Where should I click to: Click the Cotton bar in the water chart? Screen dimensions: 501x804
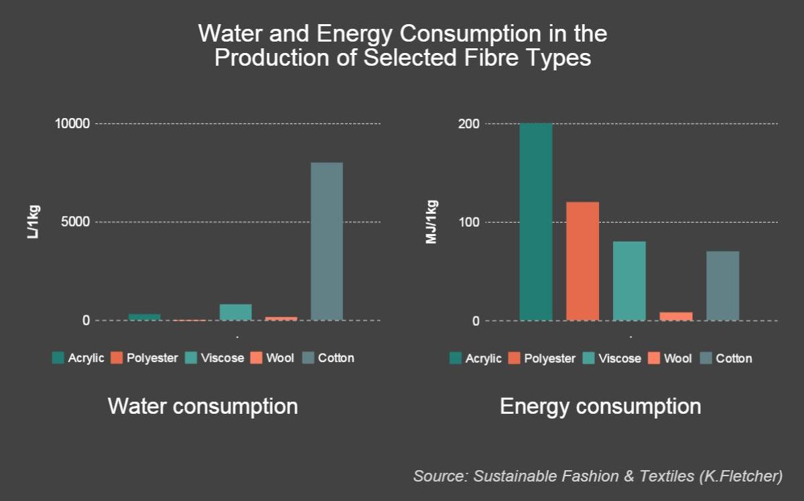click(x=326, y=241)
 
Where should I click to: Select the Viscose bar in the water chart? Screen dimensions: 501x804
click(x=235, y=313)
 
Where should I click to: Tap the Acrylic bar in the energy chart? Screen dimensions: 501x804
click(x=536, y=222)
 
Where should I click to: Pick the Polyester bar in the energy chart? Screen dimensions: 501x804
click(x=582, y=261)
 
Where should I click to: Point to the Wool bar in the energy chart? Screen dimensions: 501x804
click(x=676, y=317)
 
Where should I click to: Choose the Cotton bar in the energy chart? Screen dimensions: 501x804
click(x=723, y=286)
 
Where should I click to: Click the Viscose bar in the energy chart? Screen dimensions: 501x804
click(x=629, y=281)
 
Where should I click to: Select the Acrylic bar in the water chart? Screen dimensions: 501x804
click(x=144, y=317)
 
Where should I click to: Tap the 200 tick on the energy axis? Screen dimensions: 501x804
click(x=469, y=124)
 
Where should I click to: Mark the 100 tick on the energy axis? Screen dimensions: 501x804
click(x=469, y=222)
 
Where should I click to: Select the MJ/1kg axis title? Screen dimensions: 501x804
click(x=431, y=222)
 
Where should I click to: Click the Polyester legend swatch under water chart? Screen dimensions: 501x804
click(x=116, y=358)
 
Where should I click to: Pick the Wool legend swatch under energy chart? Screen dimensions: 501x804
click(x=653, y=358)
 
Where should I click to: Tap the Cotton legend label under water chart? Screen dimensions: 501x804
click(x=336, y=358)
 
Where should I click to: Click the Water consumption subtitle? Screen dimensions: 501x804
click(x=202, y=406)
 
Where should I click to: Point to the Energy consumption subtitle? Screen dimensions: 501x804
click(x=600, y=406)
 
